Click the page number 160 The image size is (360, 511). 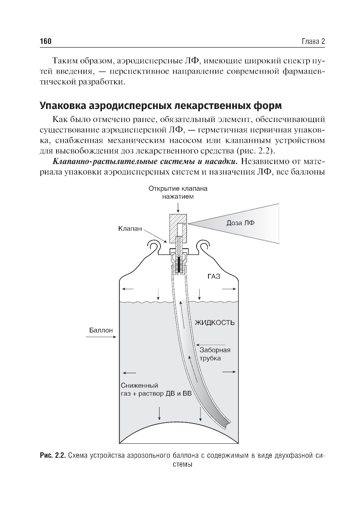point(46,42)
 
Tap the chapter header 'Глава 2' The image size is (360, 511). point(313,42)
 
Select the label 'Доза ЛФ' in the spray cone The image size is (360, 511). point(240,223)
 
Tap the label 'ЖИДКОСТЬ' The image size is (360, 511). point(215,322)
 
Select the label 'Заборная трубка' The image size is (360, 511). point(215,354)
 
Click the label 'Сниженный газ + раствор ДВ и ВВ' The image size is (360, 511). point(155,389)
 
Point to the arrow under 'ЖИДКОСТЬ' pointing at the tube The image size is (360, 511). point(210,344)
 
